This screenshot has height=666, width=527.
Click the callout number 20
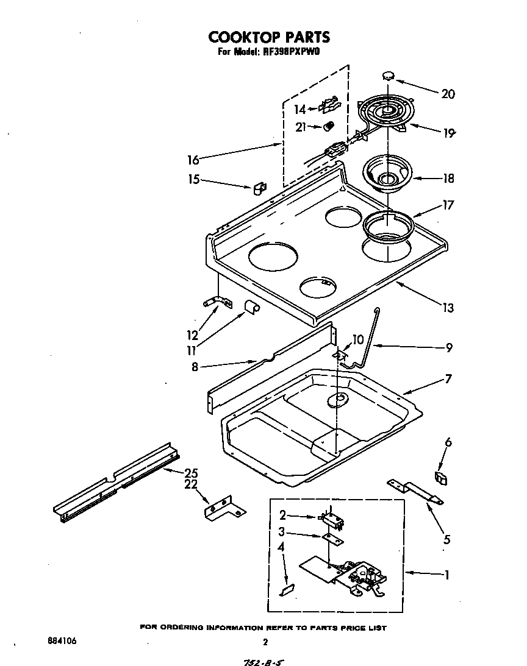[448, 94]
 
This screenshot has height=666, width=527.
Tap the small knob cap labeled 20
[388, 76]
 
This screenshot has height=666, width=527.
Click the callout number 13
[448, 308]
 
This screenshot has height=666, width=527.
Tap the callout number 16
[193, 160]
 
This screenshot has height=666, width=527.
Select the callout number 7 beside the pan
[448, 379]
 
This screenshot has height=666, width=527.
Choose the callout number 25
[191, 473]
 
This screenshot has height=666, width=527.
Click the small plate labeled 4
[287, 589]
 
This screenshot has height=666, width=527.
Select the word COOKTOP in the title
[244, 37]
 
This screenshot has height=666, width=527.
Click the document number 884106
[62, 642]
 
